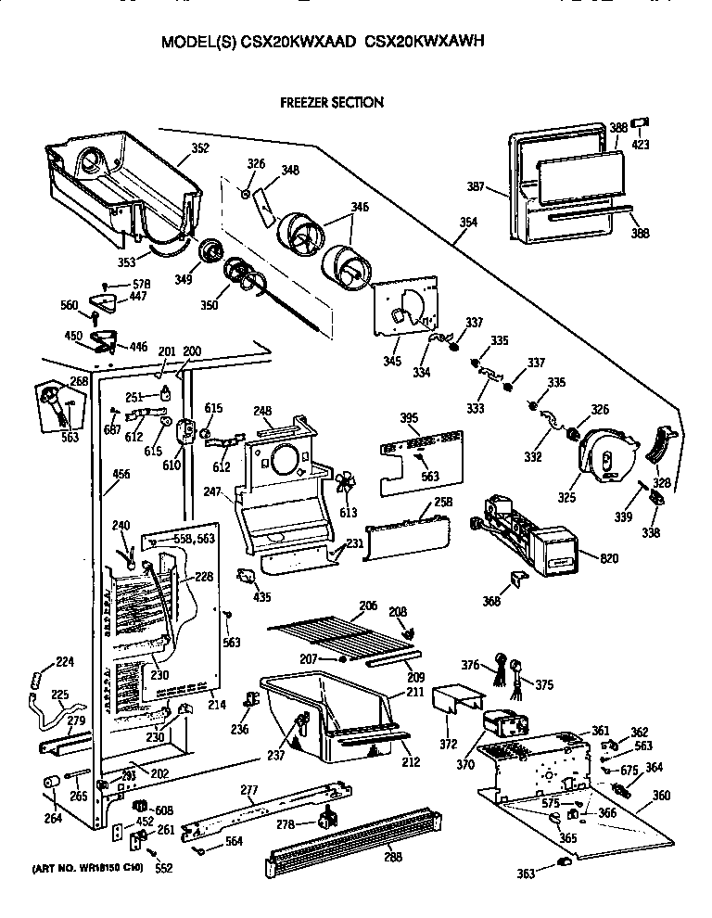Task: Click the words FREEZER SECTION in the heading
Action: pyautogui.click(x=332, y=102)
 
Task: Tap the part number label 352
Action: pyautogui.click(x=199, y=147)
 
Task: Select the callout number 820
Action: pyautogui.click(x=609, y=558)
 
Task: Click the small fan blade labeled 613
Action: pyautogui.click(x=346, y=484)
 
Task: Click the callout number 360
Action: pyautogui.click(x=662, y=796)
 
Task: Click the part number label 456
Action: pyautogui.click(x=121, y=475)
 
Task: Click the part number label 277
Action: pyautogui.click(x=248, y=790)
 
